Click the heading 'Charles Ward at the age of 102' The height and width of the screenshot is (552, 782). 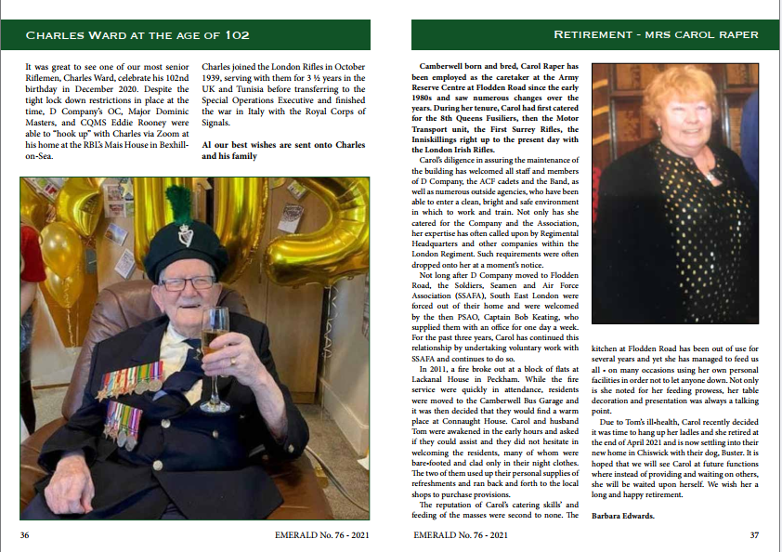click(137, 35)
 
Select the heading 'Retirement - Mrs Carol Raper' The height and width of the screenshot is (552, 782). click(656, 35)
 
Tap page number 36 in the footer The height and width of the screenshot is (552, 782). click(26, 534)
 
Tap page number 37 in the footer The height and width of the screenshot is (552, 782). click(754, 534)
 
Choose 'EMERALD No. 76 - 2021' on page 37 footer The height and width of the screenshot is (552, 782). click(461, 534)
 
